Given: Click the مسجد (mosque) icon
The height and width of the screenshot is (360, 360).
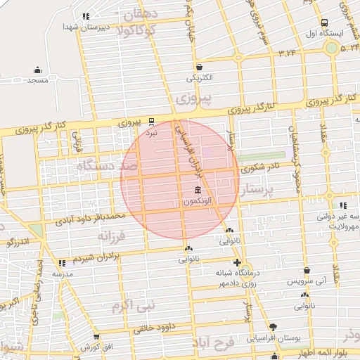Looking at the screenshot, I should pos(37,70).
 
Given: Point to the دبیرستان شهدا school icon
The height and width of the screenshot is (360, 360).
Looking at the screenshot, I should pos(86,16).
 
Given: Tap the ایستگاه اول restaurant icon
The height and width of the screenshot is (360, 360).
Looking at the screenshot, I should pos(324,22).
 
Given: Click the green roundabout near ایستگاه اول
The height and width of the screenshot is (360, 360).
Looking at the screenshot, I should pos(330,48).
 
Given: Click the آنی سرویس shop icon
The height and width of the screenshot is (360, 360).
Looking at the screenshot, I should pos(307,270).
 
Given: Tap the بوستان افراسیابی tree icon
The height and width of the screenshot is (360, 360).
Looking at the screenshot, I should pos(274,327).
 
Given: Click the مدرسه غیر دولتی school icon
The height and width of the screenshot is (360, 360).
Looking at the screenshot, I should pos(342,205).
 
